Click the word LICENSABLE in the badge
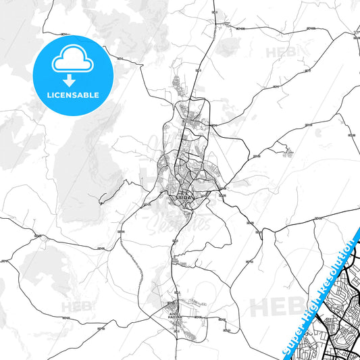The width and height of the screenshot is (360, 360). pyautogui.click(x=74, y=95)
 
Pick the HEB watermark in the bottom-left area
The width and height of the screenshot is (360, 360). pyautogui.click(x=76, y=307)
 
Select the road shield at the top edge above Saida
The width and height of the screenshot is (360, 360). pyautogui.click(x=215, y=13)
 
